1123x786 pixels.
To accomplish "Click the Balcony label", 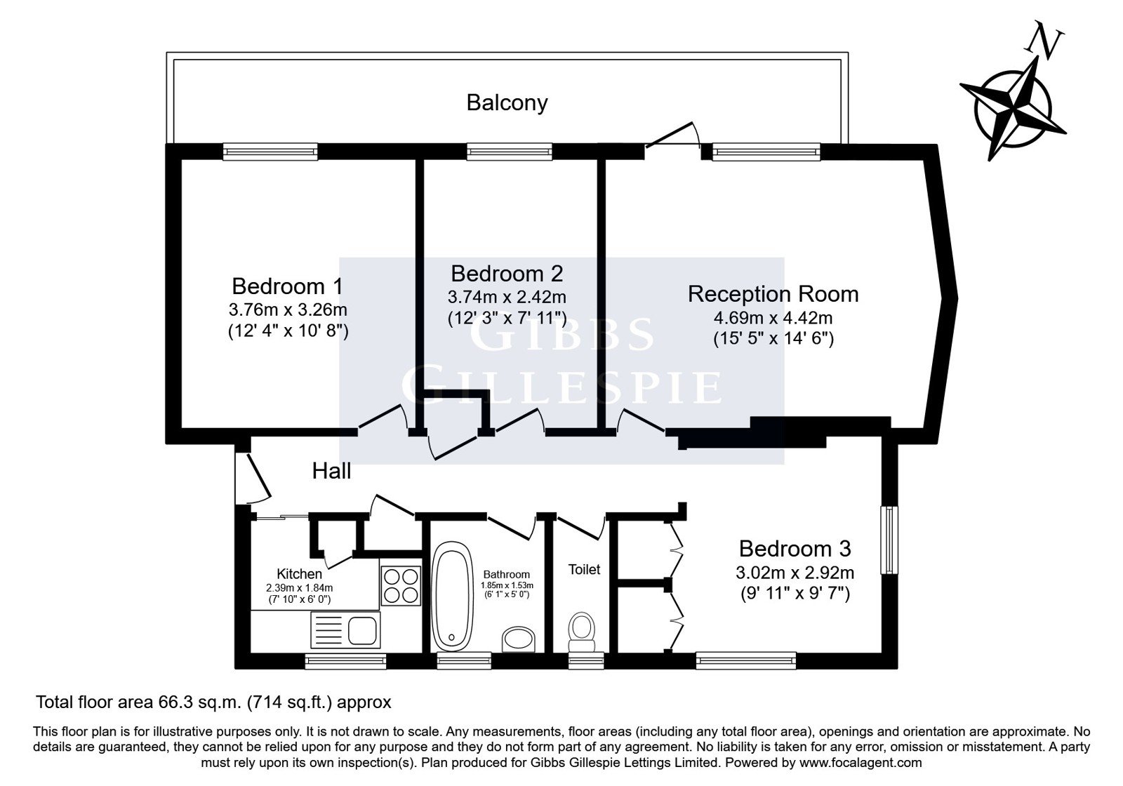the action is [x=507, y=103].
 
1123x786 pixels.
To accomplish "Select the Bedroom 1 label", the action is [x=287, y=287].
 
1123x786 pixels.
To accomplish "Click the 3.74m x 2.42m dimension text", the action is [x=507, y=298].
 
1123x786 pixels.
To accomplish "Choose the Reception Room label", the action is [x=773, y=294].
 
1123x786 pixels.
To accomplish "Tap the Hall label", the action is [x=331, y=471].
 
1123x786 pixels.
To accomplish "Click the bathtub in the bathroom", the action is [x=452, y=596].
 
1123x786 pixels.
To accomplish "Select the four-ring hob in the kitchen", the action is [x=401, y=585].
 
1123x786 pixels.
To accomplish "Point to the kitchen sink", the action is [x=345, y=630].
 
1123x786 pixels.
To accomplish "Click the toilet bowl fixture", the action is [x=582, y=632].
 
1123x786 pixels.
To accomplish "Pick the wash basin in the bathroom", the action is [x=519, y=639].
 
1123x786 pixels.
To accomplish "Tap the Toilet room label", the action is [x=584, y=569].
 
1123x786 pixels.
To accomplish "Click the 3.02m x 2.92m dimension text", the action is [x=795, y=573].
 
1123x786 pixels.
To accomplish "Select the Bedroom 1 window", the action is [x=270, y=152].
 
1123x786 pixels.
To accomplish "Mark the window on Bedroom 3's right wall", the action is [x=889, y=540].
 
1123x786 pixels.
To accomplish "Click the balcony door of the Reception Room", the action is [x=672, y=135].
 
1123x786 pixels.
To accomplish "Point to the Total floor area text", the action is [x=213, y=702].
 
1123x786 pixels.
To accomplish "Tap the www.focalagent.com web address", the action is [x=860, y=763].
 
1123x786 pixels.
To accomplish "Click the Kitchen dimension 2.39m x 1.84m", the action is [x=299, y=588].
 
